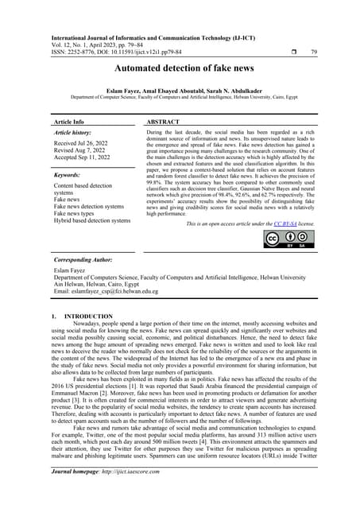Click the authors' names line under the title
[180, 92]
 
